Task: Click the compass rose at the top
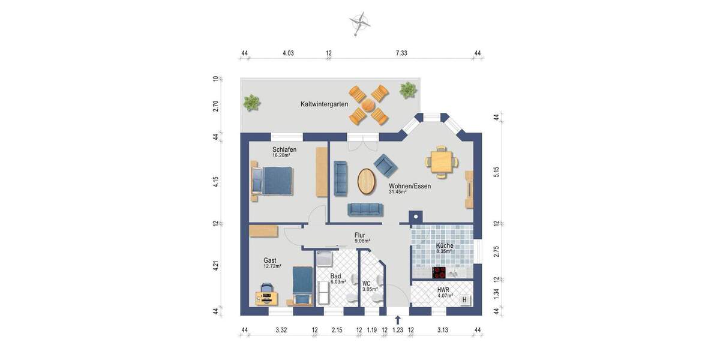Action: tap(359, 23)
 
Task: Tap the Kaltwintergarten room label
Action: tap(324, 104)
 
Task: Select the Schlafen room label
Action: tap(284, 149)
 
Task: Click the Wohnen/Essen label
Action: tap(410, 186)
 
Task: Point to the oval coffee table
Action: tap(367, 181)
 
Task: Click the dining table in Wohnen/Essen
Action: tap(443, 161)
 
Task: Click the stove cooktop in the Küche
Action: tap(439, 272)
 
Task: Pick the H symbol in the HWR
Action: tap(464, 299)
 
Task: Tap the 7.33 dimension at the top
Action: tap(401, 53)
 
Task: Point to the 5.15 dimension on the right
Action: tap(496, 172)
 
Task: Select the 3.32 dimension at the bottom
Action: tap(281, 330)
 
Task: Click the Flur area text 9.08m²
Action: tap(362, 241)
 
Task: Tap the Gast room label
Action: tap(270, 260)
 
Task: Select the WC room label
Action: tap(366, 283)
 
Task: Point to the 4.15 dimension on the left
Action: tap(215, 181)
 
